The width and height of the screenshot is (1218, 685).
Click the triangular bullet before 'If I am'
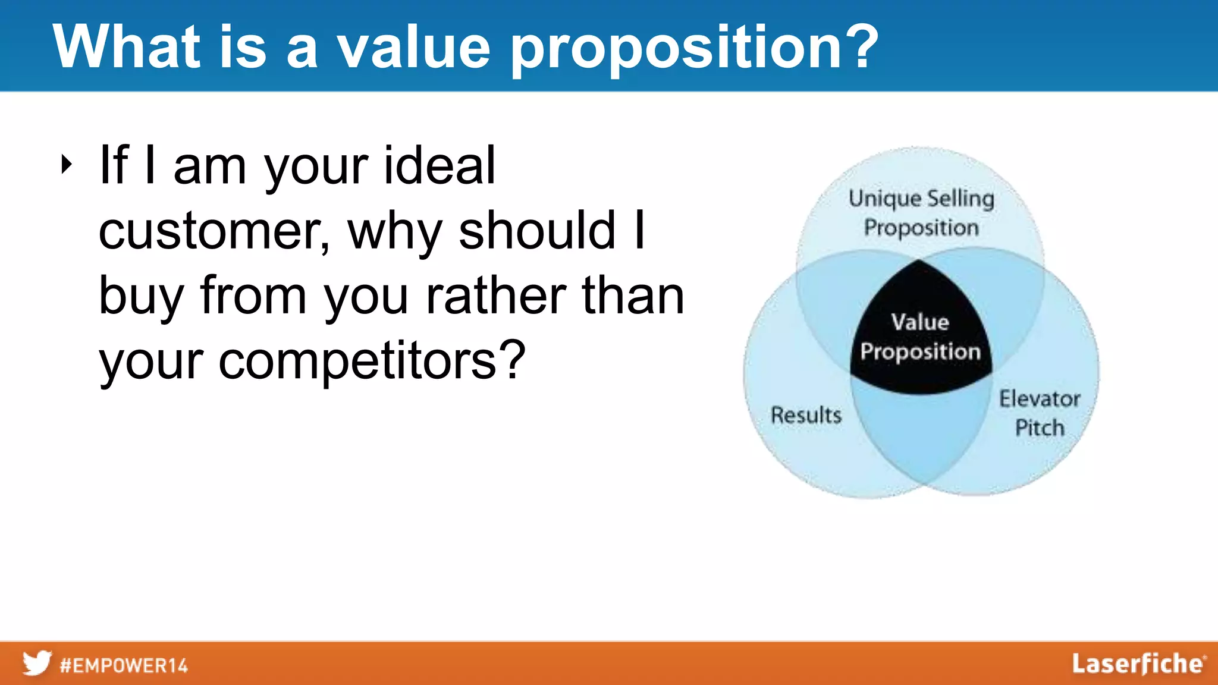(66, 165)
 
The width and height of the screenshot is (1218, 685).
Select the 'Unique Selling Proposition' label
(921, 213)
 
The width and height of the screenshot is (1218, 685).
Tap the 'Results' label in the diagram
(806, 415)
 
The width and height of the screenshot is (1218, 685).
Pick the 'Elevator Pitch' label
(1039, 413)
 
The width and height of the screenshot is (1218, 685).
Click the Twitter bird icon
(37, 663)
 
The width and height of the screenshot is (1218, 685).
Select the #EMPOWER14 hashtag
(124, 665)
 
